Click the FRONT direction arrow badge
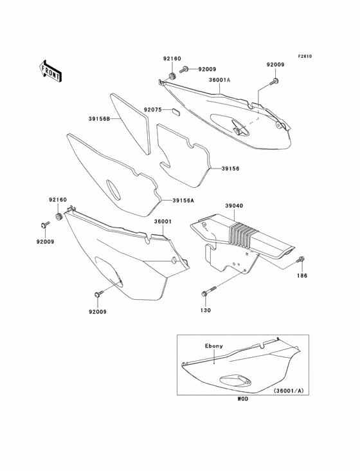click(50, 69)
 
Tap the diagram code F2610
click(304, 56)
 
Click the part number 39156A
click(183, 201)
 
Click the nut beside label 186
click(301, 260)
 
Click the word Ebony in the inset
click(214, 346)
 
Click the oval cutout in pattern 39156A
click(113, 190)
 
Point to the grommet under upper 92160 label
click(172, 77)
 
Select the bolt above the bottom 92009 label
click(98, 293)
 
